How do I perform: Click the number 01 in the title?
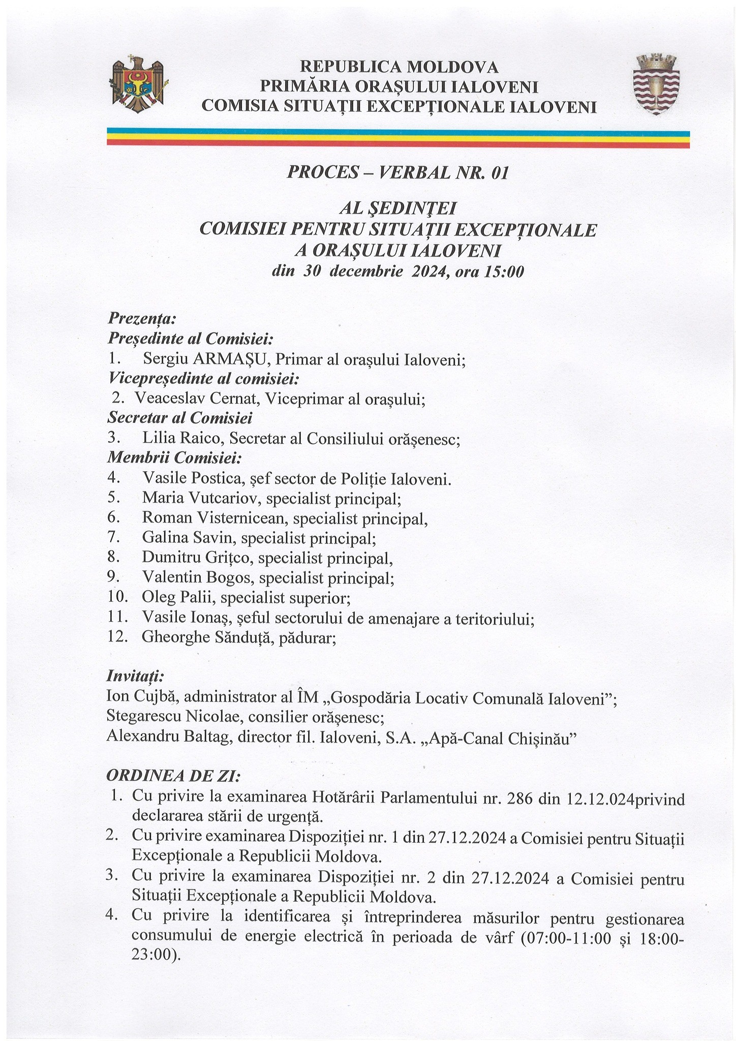pos(499,173)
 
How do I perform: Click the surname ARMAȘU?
pos(231,359)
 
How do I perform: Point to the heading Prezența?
pos(142,319)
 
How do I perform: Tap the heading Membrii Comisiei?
pos(174,458)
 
